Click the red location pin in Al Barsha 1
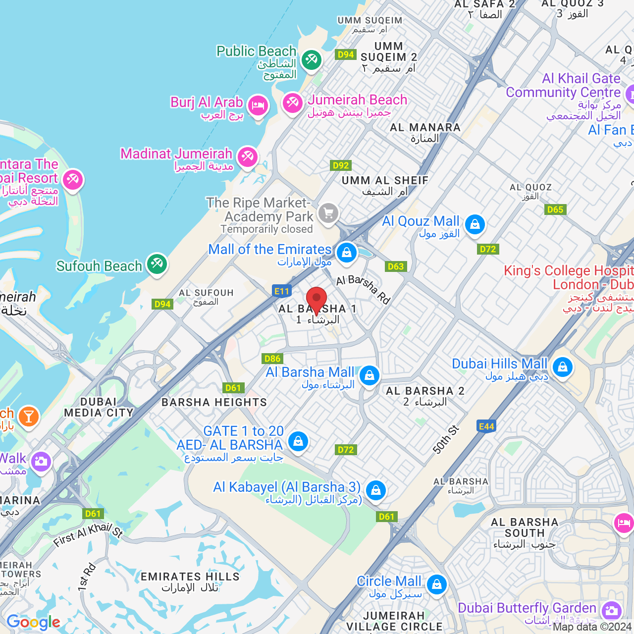pyautogui.click(x=317, y=299)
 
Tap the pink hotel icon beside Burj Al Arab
pyautogui.click(x=258, y=105)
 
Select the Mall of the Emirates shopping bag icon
pyautogui.click(x=347, y=252)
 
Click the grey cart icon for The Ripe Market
pyautogui.click(x=328, y=213)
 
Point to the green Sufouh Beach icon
pyautogui.click(x=157, y=264)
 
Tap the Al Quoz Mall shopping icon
pyautogui.click(x=475, y=224)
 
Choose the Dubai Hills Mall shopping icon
pyautogui.click(x=562, y=367)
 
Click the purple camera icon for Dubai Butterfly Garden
pyautogui.click(x=612, y=610)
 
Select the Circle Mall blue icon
pyautogui.click(x=436, y=584)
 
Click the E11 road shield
pyautogui.click(x=281, y=291)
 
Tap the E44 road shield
pyautogui.click(x=486, y=426)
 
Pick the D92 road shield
pyautogui.click(x=341, y=165)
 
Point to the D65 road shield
pyautogui.click(x=555, y=210)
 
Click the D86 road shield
pyautogui.click(x=272, y=359)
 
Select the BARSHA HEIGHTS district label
pyautogui.click(x=214, y=402)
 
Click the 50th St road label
pyautogui.click(x=446, y=439)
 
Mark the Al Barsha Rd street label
pyautogui.click(x=364, y=289)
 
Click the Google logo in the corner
pyautogui.click(x=33, y=622)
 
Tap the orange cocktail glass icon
pyautogui.click(x=29, y=417)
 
